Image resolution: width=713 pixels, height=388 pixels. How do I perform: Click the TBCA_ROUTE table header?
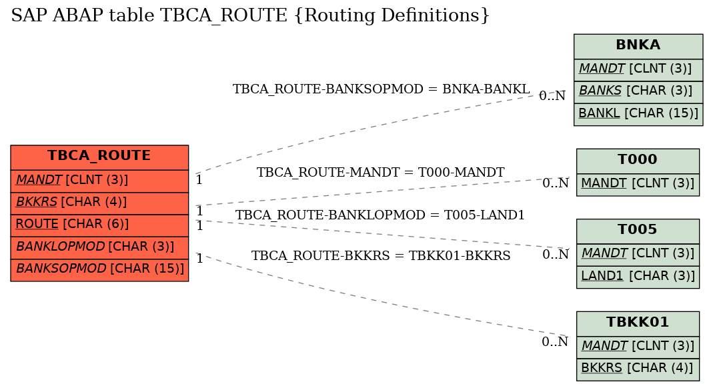(99, 157)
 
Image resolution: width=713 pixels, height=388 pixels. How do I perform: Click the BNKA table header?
(638, 47)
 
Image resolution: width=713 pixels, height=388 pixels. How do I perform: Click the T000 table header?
(638, 161)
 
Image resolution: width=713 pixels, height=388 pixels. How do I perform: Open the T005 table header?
(638, 231)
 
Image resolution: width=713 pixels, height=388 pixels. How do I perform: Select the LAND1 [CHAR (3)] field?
(638, 277)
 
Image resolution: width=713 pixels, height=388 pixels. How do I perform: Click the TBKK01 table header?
(638, 323)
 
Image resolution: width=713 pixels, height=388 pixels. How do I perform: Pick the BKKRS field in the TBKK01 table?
(638, 369)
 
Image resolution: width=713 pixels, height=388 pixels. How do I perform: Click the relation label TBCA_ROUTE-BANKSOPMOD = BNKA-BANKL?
(381, 89)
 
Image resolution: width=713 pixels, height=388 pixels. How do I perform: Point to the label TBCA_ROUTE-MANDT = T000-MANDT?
(381, 173)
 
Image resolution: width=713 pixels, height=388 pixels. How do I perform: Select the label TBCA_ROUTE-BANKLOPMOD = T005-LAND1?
(380, 215)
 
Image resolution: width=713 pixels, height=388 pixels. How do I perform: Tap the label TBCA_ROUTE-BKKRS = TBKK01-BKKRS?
(381, 256)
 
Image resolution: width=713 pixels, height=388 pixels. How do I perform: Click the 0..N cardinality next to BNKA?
(552, 96)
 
